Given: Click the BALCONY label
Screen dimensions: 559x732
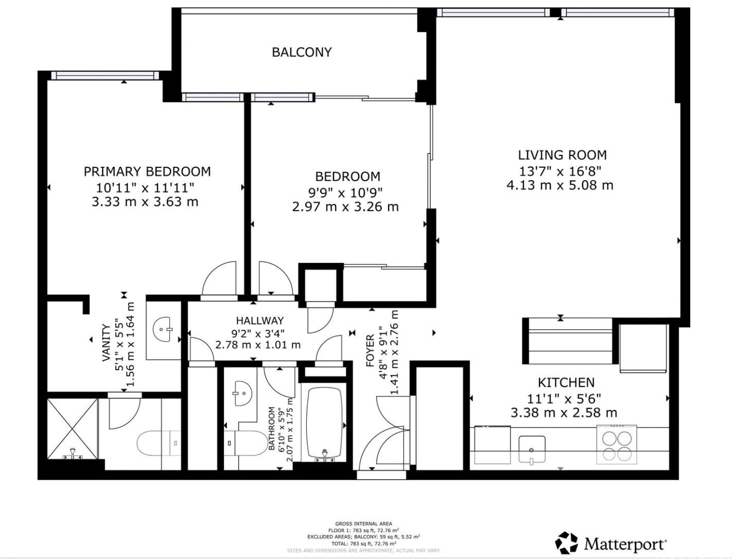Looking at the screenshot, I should (x=302, y=52).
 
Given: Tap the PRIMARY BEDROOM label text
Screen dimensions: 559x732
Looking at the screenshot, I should (x=147, y=171).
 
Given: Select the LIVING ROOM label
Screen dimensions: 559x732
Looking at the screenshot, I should (x=562, y=155).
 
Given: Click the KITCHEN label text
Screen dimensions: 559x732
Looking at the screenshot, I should (x=566, y=382).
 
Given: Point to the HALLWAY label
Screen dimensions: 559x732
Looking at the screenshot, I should (x=259, y=321).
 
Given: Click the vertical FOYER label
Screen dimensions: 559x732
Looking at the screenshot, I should (x=370, y=351).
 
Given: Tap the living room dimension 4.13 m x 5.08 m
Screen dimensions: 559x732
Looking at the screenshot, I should (x=560, y=185).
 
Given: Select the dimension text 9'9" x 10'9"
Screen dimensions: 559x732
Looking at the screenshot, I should (x=345, y=193).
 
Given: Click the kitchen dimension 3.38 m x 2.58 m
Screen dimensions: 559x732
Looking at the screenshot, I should (x=564, y=413).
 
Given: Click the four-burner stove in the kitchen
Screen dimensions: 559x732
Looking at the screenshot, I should (x=617, y=445).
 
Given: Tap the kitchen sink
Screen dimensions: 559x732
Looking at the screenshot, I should (x=532, y=448).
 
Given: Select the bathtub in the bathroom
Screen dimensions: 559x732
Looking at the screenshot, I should (x=324, y=422).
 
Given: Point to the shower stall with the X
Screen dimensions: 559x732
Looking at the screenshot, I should (x=72, y=428).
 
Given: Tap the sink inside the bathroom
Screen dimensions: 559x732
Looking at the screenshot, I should (x=242, y=394).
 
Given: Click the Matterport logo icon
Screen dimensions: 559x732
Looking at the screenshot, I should (x=566, y=543).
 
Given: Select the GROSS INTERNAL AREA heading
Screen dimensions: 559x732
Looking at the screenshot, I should (x=363, y=523).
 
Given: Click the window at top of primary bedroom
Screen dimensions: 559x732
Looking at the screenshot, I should (x=105, y=76).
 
